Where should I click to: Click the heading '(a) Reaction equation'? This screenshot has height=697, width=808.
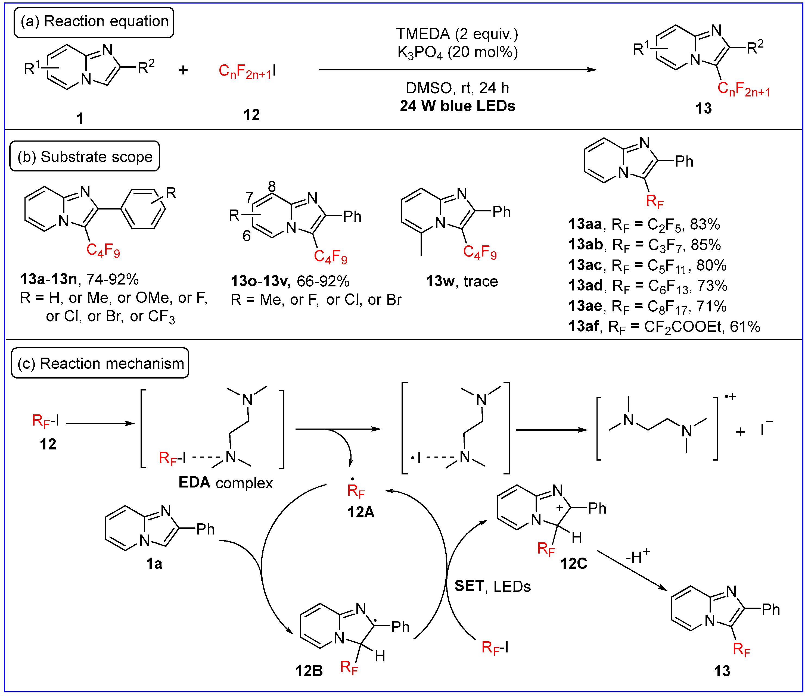[94, 22]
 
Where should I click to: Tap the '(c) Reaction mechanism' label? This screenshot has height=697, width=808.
[100, 363]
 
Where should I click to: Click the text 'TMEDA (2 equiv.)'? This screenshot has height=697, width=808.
[457, 34]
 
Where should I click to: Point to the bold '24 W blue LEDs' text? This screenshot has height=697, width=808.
[457, 106]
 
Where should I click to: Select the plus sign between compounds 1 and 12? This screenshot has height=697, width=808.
[183, 70]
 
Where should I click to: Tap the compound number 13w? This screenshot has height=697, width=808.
[440, 281]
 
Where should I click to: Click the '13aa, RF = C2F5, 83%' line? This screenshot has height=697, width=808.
[644, 224]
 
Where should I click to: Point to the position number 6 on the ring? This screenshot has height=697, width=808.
[247, 236]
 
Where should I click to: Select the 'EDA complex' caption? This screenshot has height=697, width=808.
[225, 483]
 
